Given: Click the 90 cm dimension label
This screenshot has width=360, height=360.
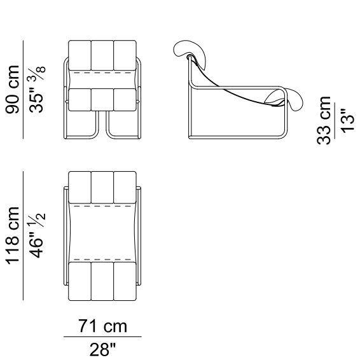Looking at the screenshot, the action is click(x=12, y=90).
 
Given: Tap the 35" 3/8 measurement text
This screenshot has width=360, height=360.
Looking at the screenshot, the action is click(x=36, y=89).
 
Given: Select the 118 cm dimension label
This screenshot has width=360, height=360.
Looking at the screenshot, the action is click(x=12, y=235).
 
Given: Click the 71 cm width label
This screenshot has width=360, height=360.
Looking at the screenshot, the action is click(x=102, y=326).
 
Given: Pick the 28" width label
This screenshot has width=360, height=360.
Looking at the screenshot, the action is click(x=102, y=349).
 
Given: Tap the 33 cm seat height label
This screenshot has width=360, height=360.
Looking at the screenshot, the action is click(x=324, y=120).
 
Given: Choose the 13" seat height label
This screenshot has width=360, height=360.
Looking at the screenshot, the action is click(x=347, y=121).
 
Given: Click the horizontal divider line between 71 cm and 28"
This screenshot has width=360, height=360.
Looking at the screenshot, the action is click(x=102, y=337).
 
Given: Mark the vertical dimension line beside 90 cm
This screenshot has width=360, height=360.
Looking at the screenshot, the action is click(x=23, y=90).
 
